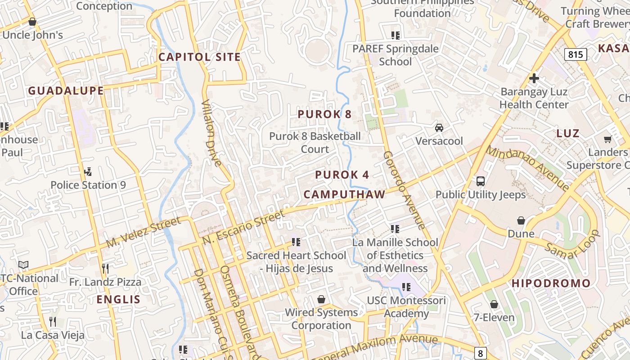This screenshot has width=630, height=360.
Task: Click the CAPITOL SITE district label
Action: pos(199,57)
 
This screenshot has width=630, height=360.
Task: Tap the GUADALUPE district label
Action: pos(66,91)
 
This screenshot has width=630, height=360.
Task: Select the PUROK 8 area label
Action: pos(324,114)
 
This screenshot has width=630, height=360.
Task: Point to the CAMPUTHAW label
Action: pos(344,194)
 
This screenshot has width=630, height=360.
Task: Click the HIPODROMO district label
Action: pos(551,283)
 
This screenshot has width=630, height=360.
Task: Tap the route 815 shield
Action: pos(575,55)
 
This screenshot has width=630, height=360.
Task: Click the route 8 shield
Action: pos(480,353)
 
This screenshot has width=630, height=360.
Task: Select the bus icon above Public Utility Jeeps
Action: pos(480,181)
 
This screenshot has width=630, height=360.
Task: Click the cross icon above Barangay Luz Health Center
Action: pos(534,78)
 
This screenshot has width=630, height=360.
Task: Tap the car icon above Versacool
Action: pos(439,128)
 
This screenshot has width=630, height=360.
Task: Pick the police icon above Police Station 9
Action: pos(88,171)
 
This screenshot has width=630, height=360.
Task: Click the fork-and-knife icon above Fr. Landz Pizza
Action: pos(105,269)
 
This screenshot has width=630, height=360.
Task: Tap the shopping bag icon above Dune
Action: pos(521,220)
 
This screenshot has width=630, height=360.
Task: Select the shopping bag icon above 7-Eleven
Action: pos(494,305)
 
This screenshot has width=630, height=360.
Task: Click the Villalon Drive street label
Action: pos(211,133)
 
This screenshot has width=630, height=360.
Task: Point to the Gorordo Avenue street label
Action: pos(404,189)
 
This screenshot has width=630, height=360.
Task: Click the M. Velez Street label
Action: pos(144,232)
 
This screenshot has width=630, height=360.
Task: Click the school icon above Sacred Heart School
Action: pos(296,242)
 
